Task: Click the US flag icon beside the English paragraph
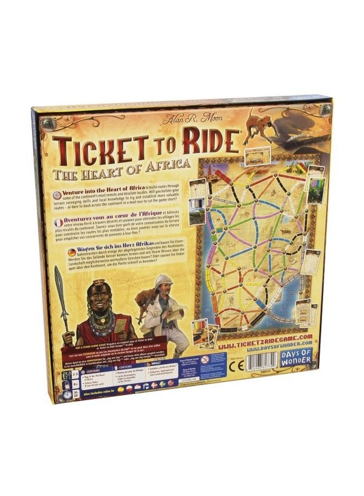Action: (57, 195)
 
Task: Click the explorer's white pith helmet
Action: (164, 281)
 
